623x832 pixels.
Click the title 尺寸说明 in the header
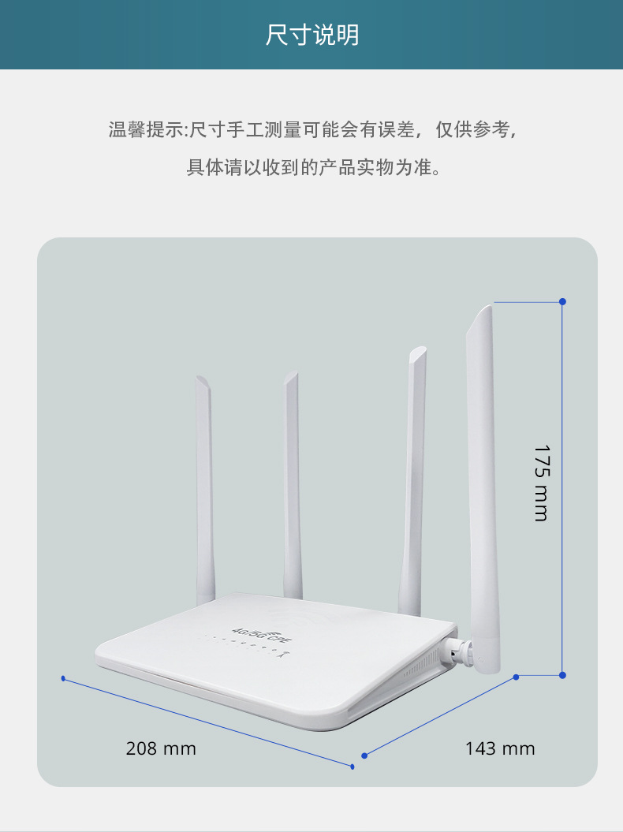(x=311, y=35)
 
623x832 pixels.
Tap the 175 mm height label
(x=541, y=483)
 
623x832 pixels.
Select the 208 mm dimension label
(x=161, y=748)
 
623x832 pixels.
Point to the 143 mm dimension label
(x=500, y=748)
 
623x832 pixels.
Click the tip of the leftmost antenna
(x=201, y=379)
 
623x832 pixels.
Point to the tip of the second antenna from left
(x=292, y=376)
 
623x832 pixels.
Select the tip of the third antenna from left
(x=418, y=351)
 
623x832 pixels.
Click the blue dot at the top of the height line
(x=562, y=301)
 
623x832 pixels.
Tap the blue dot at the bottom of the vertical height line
(x=562, y=675)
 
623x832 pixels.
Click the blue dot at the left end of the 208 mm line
(x=63, y=678)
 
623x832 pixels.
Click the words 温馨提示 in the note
(x=145, y=130)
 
